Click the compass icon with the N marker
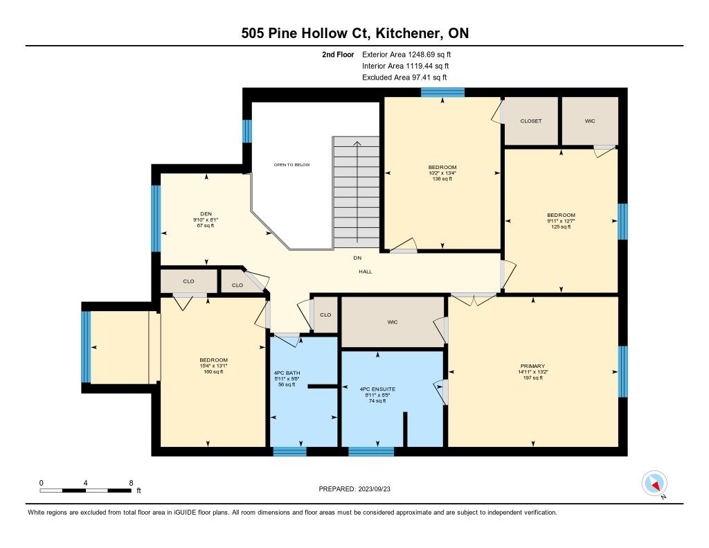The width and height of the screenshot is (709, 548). pos(654,484)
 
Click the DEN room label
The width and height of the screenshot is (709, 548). pos(206,214)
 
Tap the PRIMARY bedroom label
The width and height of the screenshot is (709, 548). pos(532,366)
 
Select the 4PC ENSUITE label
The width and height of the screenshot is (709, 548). pos(377,389)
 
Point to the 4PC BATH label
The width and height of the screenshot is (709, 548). pos(287,373)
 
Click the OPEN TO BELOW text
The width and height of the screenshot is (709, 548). pos(292,165)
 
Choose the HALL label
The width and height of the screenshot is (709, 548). pos(366,272)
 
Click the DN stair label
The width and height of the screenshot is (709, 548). pos(358,258)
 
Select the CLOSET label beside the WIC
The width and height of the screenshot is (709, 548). pos(531,121)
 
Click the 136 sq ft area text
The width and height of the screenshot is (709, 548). pos(442,179)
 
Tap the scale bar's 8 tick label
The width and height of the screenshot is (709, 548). pos(131,483)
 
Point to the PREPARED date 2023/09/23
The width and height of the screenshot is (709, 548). pos(375,489)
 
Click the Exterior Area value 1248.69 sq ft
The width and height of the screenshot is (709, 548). pos(429,55)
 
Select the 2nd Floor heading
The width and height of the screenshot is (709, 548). pos(338,55)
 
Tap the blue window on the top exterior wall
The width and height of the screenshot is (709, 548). pos(442,92)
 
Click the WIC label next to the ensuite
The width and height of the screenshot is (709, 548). pos(393,322)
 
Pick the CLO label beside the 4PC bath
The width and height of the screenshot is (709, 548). pos(325,315)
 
